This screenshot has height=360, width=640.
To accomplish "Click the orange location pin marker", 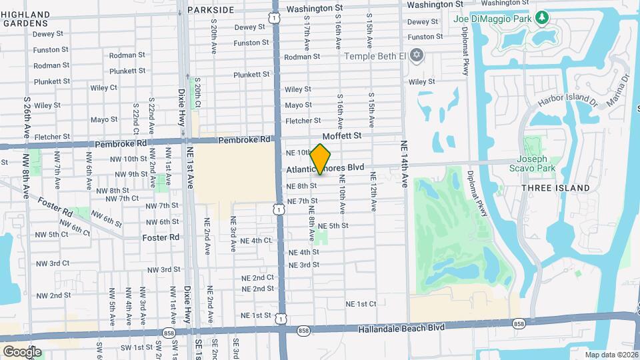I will click(x=321, y=159).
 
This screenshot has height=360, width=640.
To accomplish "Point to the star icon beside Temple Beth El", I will click(x=417, y=55).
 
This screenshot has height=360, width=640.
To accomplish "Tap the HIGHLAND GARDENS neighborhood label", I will click(x=25, y=19).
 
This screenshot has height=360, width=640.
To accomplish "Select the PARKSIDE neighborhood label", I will click(x=211, y=10).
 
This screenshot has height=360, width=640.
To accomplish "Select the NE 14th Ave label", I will click(x=404, y=163).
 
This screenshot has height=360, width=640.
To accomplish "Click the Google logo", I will click(x=22, y=351).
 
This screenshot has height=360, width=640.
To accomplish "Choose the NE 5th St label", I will click(x=333, y=226).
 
